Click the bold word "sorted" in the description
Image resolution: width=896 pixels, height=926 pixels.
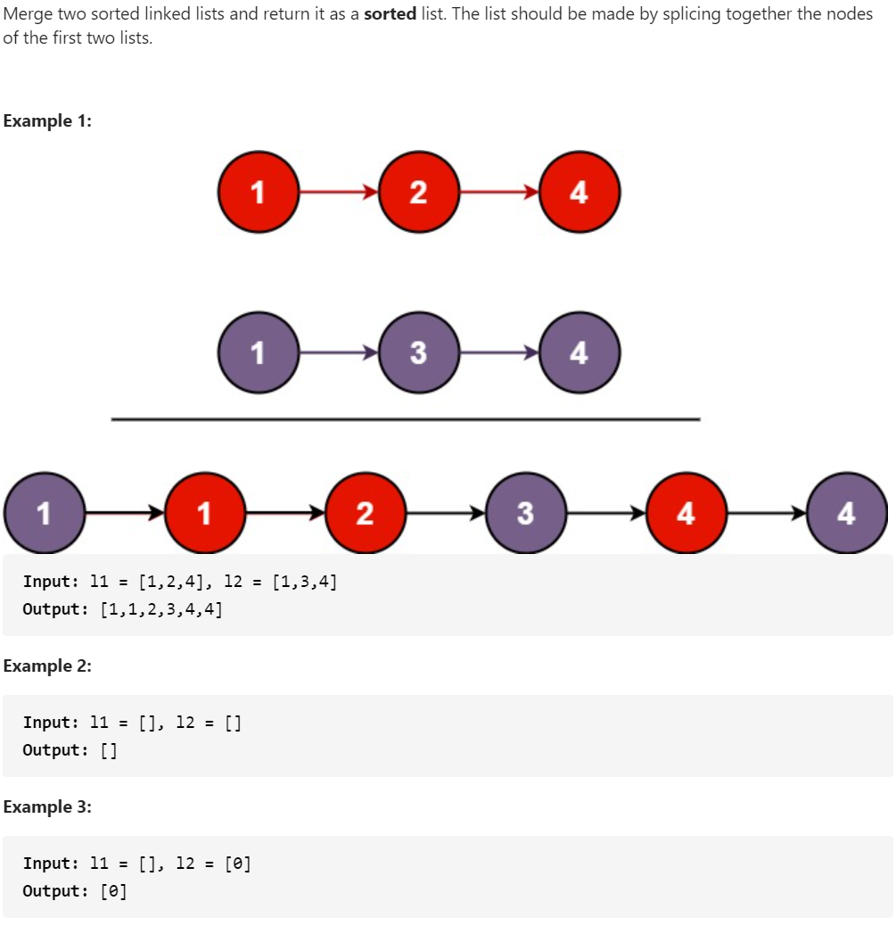[390, 15]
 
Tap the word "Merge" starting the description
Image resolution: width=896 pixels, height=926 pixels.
[28, 15]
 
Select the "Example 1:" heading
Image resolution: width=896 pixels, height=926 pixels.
[47, 121]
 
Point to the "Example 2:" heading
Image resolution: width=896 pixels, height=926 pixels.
[47, 666]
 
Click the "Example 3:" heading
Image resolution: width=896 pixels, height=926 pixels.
[47, 806]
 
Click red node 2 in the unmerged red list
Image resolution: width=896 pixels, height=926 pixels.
[418, 192]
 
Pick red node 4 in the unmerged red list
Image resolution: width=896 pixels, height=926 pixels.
[580, 192]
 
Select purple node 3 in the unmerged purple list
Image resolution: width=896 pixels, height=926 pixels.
[418, 352]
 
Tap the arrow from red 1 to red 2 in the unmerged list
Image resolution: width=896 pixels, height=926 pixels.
[338, 192]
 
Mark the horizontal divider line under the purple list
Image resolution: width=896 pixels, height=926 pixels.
[406, 418]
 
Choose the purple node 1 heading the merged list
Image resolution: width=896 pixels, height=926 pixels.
[44, 513]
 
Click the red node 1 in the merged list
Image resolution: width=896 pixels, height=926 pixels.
[204, 513]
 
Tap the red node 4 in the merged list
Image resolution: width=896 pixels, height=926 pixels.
[686, 513]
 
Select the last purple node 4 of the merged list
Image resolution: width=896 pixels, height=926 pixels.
[846, 513]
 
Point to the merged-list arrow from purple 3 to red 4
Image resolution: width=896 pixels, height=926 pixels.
[605, 513]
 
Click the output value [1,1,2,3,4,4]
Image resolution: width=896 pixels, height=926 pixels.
[160, 610]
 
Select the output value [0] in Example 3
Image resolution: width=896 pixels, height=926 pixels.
[113, 891]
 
